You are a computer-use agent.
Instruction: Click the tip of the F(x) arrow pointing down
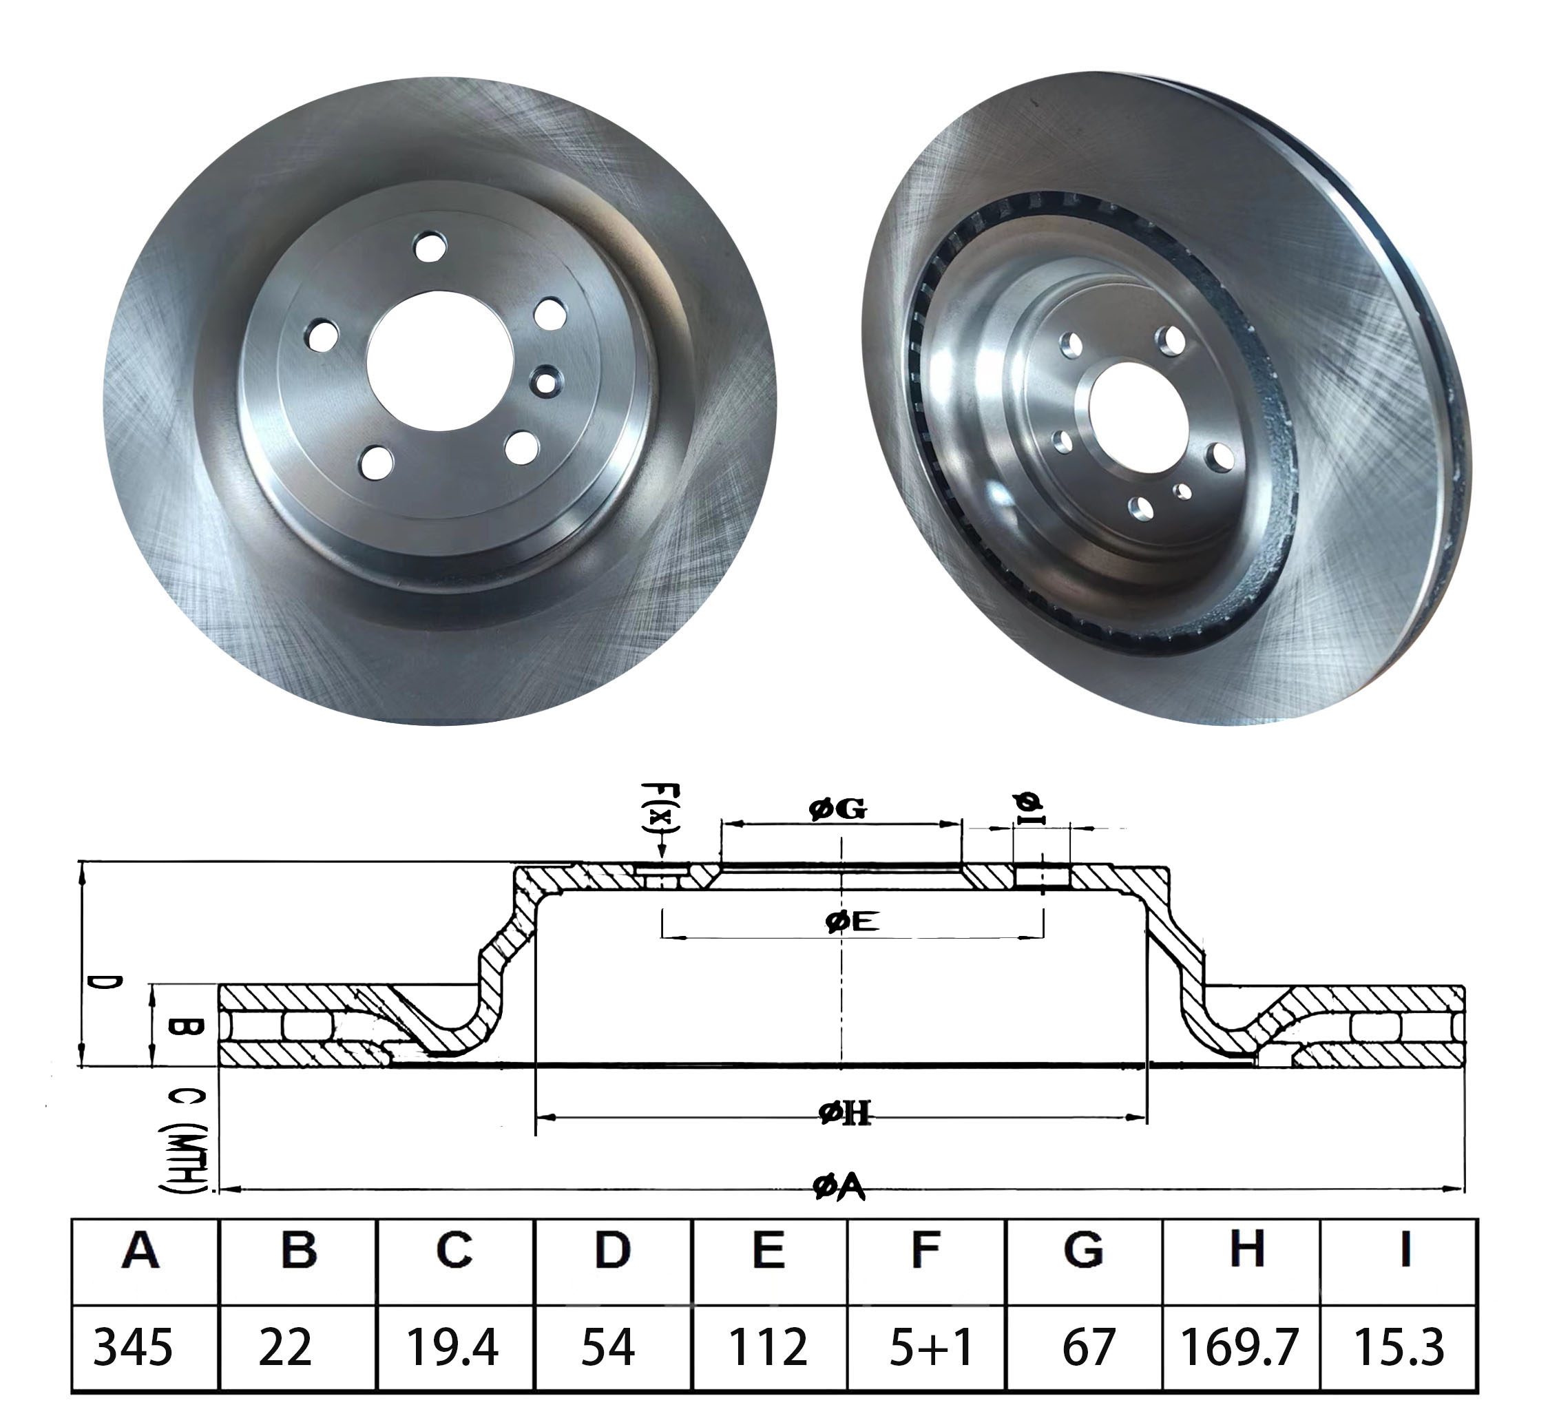click(x=662, y=860)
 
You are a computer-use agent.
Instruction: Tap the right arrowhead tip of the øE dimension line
click(x=1043, y=938)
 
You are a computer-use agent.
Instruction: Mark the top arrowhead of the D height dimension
click(x=82, y=863)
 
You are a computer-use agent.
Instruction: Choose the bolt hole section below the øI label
click(x=1042, y=876)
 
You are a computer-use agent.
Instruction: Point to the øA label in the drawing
click(x=839, y=1189)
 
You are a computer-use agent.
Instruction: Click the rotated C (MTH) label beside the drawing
click(x=183, y=1140)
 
